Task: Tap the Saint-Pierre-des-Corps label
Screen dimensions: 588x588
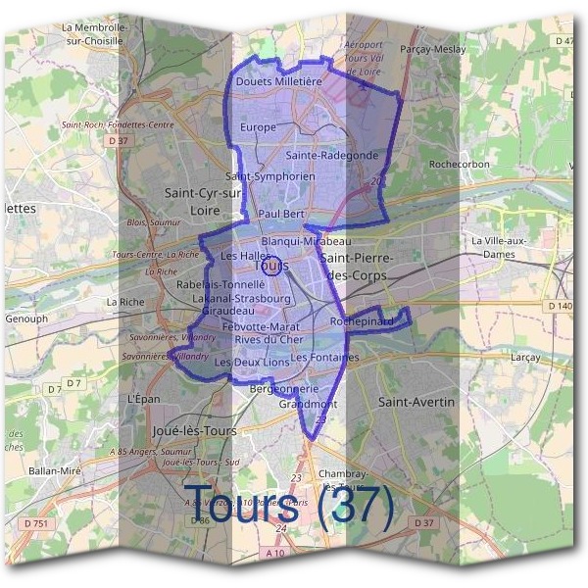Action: [356, 267]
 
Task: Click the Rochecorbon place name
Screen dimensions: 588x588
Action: [459, 165]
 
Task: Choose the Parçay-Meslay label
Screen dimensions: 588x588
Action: [433, 48]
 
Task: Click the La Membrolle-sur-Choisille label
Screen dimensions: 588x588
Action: [93, 36]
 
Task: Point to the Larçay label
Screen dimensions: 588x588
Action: [525, 358]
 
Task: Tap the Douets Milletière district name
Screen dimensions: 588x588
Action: [278, 82]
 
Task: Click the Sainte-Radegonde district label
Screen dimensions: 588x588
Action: [332, 155]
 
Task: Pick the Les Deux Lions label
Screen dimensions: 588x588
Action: [251, 362]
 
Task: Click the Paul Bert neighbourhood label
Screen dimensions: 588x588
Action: [282, 213]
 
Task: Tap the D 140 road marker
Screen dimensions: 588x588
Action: [560, 306]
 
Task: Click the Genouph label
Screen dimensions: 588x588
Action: [26, 318]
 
